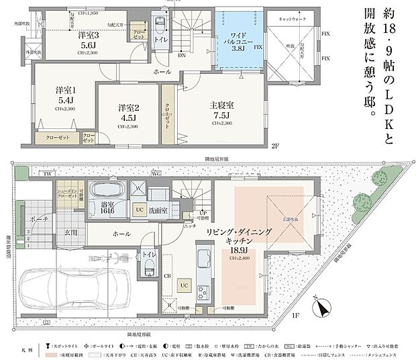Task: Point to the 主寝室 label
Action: [220, 105]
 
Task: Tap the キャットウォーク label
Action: [293, 21]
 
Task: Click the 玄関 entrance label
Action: [71, 232]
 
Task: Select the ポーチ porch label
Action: [38, 219]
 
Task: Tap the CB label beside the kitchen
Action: [167, 275]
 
